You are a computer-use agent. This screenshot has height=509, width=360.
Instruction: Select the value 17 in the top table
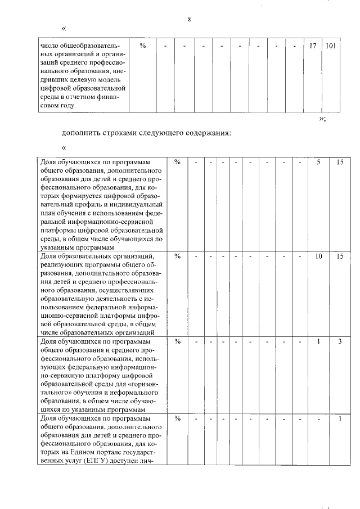313,46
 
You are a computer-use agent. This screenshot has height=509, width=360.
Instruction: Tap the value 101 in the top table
330,46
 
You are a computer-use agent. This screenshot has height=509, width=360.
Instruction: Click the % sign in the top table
143,46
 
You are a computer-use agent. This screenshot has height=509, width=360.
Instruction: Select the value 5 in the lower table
318,162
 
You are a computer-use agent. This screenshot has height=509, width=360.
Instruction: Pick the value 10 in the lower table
318,256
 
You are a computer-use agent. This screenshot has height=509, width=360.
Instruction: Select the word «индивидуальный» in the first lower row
135,204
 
